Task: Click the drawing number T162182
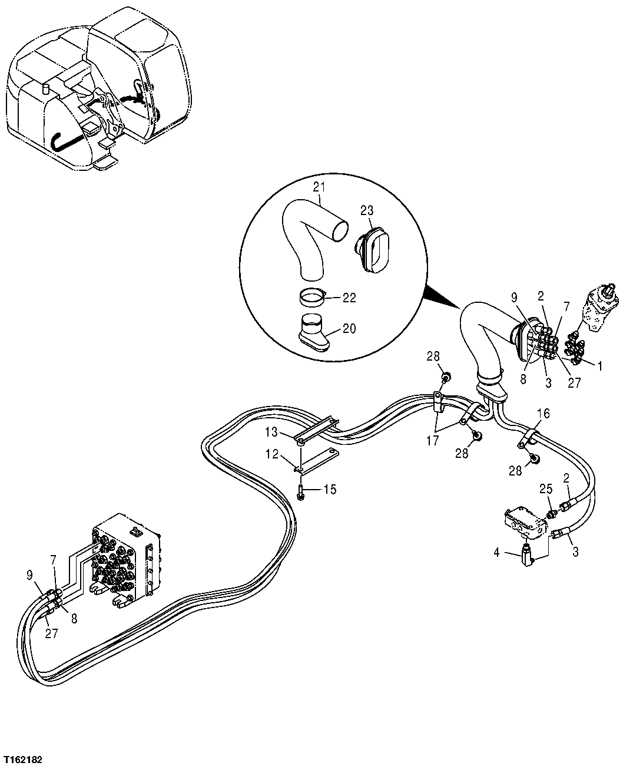coord(22,756)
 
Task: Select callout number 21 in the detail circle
coord(319,187)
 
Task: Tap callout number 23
coord(367,210)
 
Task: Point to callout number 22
coord(349,298)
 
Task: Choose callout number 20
coord(349,328)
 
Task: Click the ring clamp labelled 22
coord(313,297)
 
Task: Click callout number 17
coord(433,440)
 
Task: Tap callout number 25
coord(546,488)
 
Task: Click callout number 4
coord(496,552)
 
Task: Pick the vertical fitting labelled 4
coord(526,554)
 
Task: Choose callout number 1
coord(599,366)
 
